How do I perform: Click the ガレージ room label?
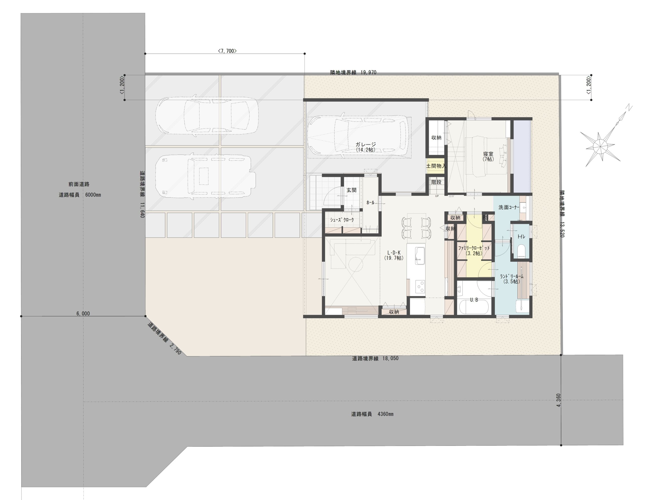(366, 145)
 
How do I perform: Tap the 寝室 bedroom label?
(488, 154)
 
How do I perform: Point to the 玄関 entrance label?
(351, 190)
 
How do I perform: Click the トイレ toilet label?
(521, 236)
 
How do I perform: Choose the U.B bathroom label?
(474, 300)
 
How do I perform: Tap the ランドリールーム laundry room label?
(512, 276)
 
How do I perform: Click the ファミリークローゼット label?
(474, 248)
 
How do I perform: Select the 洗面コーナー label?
(509, 207)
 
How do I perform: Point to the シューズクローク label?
(342, 220)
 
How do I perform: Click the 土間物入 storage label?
(436, 166)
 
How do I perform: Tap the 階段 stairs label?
(436, 182)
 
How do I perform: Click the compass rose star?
(600, 145)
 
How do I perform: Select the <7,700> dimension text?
(227, 51)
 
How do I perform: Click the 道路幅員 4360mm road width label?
(372, 414)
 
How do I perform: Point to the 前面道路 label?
(79, 184)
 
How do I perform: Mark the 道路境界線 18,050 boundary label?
(375, 358)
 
